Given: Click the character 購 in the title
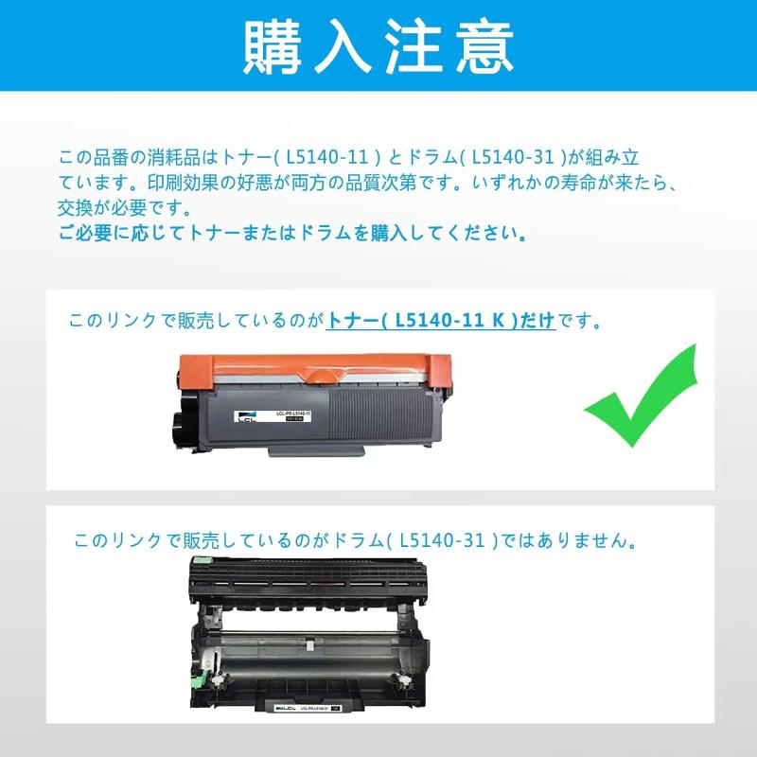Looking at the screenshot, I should (x=273, y=44).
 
